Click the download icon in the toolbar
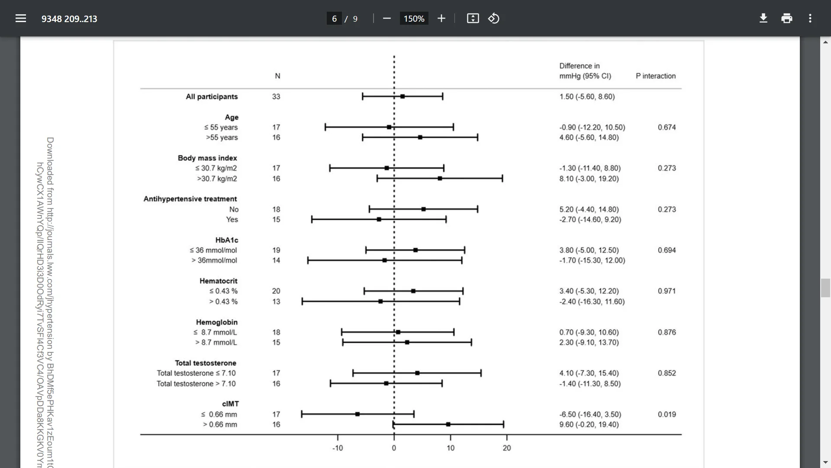click(763, 18)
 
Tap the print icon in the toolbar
click(787, 18)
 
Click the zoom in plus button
click(441, 18)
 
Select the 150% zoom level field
click(414, 19)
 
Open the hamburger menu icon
click(21, 18)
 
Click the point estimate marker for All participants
click(403, 96)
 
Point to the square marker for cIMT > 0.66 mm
click(448, 424)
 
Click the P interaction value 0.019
click(667, 414)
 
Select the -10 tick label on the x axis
click(338, 448)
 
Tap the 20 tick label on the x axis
click(507, 448)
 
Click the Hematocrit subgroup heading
click(218, 281)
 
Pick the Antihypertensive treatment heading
click(190, 199)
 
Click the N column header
click(277, 76)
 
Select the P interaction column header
click(655, 76)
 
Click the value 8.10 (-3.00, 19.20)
click(589, 179)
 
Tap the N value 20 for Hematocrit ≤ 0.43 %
click(276, 291)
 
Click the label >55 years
click(222, 137)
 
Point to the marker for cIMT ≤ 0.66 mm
click(358, 414)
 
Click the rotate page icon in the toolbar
click(494, 18)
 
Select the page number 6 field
click(334, 19)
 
